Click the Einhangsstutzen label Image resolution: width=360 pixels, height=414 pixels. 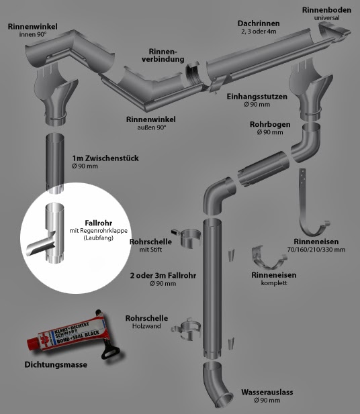click(258, 97)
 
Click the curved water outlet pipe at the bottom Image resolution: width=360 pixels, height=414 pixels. click(217, 382)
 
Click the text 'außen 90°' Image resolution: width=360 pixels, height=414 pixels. click(151, 127)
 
